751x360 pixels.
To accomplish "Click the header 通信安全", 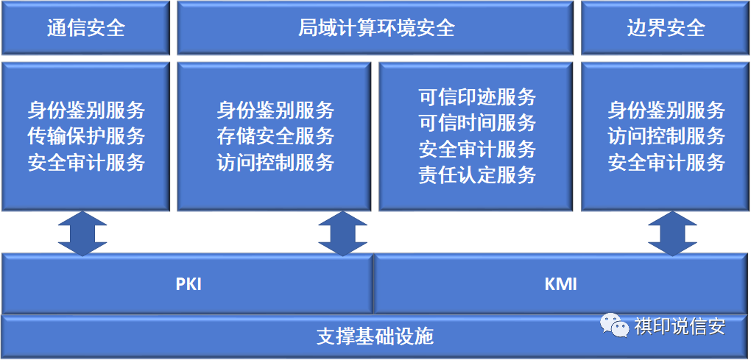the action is pos(86,28).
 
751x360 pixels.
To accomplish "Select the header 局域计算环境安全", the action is pos(376,28).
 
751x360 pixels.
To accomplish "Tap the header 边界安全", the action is pos(666,28).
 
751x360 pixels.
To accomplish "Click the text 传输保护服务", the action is pos(86,137).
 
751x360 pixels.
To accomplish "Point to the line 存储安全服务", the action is pos(275,137).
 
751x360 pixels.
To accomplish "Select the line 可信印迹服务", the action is pos(477,98).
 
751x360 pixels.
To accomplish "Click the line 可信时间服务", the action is pos(477,124).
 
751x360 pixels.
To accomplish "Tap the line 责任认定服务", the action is pos(477,175).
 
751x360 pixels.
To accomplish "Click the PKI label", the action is pos(188,284).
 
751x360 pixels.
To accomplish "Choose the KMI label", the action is pos(561,284).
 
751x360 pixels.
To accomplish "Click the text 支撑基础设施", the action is pos(375,336).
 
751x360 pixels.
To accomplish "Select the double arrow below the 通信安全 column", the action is pos(82,233).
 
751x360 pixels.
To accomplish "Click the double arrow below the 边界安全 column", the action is pos(672,233).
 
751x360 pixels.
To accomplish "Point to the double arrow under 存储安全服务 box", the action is pos(342,233).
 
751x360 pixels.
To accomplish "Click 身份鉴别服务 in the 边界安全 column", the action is pos(667,111).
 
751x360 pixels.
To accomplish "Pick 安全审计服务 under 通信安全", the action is pos(86,163).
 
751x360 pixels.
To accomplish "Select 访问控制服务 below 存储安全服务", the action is pos(275,163).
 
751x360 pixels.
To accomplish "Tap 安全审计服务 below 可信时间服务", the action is pos(477,149).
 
